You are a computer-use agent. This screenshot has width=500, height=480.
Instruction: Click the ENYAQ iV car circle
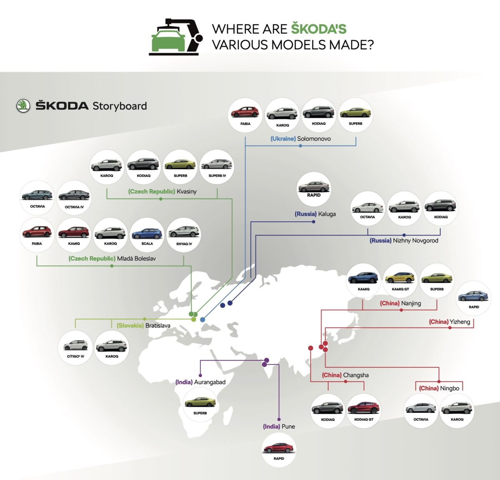(x=184, y=235)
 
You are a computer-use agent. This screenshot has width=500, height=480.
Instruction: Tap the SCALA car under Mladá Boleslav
(x=147, y=235)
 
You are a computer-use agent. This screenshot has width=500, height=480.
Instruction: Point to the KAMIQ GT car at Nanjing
(x=400, y=279)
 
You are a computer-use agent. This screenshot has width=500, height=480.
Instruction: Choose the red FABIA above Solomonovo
(x=245, y=114)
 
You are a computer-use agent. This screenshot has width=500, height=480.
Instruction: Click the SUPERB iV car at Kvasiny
(x=217, y=166)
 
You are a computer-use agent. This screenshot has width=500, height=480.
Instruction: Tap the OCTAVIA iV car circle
(x=74, y=197)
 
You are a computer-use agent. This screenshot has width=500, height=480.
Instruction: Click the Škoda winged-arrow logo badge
(x=23, y=106)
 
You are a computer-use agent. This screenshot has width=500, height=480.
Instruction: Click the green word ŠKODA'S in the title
(x=319, y=29)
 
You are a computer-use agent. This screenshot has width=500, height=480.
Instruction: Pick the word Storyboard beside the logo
(x=120, y=106)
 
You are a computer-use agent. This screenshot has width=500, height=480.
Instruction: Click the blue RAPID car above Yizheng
(x=474, y=297)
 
